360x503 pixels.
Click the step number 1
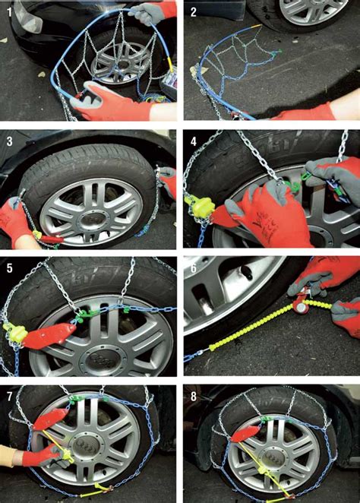9,12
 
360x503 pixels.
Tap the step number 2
194,12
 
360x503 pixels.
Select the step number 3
10,141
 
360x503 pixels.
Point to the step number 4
194,141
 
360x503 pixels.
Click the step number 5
10,268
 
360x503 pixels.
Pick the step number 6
194,268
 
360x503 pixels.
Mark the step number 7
10,397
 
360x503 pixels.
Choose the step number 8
194,397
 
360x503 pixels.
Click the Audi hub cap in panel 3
93,220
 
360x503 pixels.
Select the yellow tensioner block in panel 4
199,204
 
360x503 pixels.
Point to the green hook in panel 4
292,185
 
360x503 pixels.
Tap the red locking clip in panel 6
301,305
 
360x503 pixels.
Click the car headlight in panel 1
27,17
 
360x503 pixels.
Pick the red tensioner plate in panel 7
51,419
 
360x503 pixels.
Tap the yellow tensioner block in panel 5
15,333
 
